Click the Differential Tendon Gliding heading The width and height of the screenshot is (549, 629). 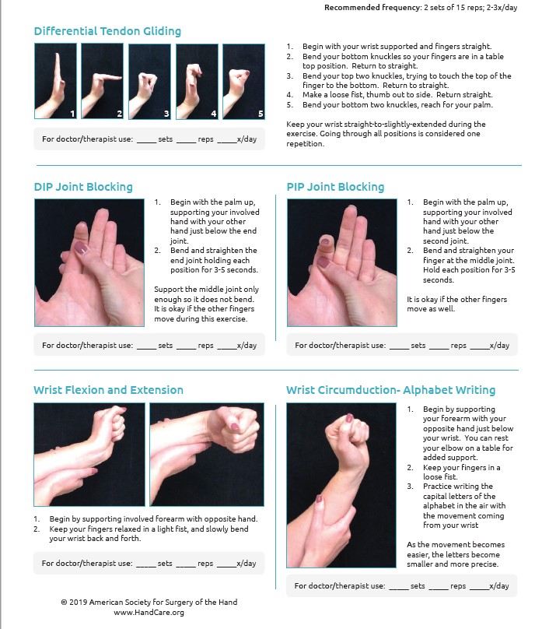coord(107,31)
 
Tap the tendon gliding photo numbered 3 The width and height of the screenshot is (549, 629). coord(149,82)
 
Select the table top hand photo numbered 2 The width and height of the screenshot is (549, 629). coord(102,81)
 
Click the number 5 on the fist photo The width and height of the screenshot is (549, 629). coord(261,114)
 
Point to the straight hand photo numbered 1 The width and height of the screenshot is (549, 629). coord(55,81)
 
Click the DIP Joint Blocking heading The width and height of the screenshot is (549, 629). coord(83,187)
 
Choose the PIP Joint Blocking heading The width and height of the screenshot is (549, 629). coord(335,187)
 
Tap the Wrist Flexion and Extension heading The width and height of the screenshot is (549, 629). coord(109,390)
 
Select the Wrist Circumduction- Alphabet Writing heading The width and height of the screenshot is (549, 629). coord(390,390)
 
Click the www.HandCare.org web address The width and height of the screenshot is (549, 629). coord(149,613)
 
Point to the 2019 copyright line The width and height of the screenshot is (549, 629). coord(149,602)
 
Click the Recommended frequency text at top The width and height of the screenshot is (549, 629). coord(421,8)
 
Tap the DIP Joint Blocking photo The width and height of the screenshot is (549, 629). coord(89,263)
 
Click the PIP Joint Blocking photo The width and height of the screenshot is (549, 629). coord(342,263)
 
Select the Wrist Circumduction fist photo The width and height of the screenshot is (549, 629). coord(341,486)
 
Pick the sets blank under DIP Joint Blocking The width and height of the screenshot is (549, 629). coord(147,348)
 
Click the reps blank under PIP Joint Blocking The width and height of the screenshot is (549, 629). coord(439,348)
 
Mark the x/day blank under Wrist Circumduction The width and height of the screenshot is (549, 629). coord(479,589)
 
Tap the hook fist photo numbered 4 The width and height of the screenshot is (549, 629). coord(197,82)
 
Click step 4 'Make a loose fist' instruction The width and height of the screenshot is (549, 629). coord(390,95)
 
